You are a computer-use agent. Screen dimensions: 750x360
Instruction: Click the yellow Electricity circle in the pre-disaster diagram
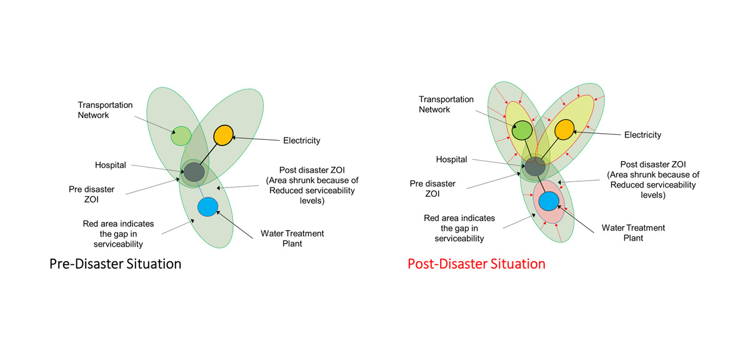[x=223, y=135]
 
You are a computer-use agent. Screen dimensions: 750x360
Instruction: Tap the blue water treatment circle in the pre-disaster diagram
[x=208, y=207]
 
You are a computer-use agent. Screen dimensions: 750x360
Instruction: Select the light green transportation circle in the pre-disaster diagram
[x=181, y=136]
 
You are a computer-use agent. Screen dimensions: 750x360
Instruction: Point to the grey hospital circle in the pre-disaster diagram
[x=194, y=172]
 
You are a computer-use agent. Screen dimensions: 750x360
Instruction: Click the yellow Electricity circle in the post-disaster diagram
[x=564, y=129]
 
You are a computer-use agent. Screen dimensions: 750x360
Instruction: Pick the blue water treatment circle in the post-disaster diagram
[x=549, y=201]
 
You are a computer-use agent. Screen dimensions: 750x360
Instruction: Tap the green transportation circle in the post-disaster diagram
[x=522, y=130]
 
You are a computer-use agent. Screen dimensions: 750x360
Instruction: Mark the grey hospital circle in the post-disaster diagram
[x=535, y=166]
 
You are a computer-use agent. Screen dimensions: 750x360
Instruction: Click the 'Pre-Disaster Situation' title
[x=115, y=264]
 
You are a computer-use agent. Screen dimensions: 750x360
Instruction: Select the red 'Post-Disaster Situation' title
[x=476, y=264]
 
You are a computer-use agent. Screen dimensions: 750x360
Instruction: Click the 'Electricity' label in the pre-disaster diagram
[x=302, y=141]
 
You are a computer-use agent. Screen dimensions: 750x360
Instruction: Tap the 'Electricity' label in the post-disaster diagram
[x=642, y=135]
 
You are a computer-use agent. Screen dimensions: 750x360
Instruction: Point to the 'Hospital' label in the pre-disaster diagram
[x=111, y=165]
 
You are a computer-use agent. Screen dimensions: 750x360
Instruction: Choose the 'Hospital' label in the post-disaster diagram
[x=451, y=159]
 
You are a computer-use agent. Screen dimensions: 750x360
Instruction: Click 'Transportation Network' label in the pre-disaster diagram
[x=105, y=110]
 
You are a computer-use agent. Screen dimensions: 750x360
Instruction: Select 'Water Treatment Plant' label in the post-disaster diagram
[x=633, y=232]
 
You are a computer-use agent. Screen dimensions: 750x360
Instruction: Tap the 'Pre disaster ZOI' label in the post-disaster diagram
[x=432, y=189]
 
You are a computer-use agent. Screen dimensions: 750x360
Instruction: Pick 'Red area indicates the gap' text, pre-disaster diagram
[x=118, y=229]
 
